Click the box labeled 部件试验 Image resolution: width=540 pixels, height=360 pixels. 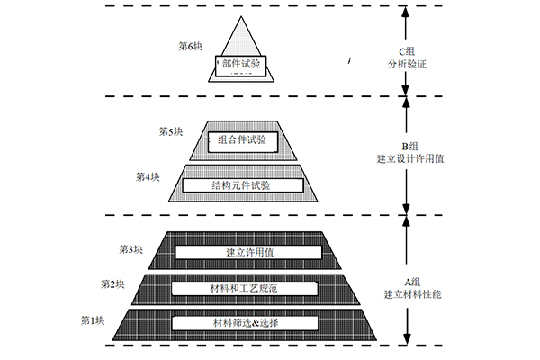(x=240, y=66)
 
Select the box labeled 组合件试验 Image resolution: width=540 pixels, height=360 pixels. (x=243, y=141)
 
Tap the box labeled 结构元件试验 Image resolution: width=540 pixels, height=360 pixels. (x=243, y=185)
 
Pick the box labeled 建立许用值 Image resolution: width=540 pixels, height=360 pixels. (x=248, y=252)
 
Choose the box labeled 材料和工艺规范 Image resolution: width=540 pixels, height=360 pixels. (x=245, y=288)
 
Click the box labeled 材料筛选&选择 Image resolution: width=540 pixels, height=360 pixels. (x=245, y=323)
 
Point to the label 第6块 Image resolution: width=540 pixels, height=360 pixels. (x=190, y=46)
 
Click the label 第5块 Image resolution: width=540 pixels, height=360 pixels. (x=171, y=131)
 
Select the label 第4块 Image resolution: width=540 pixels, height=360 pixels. (x=148, y=176)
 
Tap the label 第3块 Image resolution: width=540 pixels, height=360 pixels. (x=130, y=249)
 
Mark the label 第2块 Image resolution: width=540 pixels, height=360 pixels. (x=112, y=283)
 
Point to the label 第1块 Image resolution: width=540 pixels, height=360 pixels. (x=93, y=320)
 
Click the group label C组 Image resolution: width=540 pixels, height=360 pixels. (x=407, y=51)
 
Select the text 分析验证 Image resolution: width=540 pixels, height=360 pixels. (x=407, y=64)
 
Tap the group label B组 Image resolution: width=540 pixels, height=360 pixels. (x=409, y=146)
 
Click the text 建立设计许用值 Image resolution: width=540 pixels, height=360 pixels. (x=410, y=158)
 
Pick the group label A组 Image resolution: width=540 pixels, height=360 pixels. (x=412, y=282)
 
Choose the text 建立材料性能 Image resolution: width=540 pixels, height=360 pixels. (x=412, y=294)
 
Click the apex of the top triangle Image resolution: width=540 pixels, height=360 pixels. (x=241, y=16)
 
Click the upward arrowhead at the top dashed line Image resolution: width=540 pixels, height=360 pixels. (x=406, y=13)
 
